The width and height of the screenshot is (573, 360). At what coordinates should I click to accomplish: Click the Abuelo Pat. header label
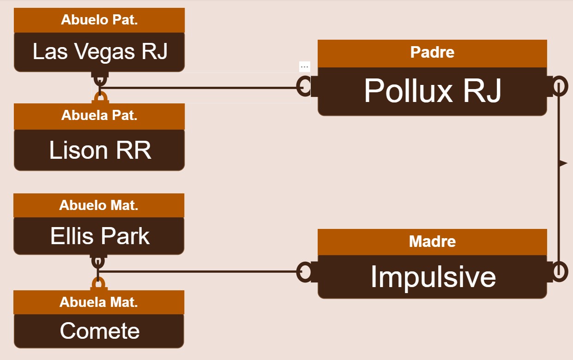coord(99,20)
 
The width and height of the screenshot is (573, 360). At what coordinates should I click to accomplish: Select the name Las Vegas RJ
coord(100,52)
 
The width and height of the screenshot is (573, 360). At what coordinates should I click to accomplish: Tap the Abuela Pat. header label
coord(99,115)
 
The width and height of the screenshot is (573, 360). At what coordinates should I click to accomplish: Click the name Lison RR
coord(100,150)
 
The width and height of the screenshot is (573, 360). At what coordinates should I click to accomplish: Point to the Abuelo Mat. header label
coord(99,205)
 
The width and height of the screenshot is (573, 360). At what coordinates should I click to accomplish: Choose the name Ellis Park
coord(100,236)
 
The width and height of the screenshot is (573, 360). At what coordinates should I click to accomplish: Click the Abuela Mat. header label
coord(99,302)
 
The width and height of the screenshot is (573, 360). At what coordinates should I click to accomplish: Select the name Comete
coord(100,331)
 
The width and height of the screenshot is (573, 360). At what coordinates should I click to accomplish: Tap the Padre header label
coord(432,53)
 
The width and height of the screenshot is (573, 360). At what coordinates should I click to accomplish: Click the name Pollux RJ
coord(432,90)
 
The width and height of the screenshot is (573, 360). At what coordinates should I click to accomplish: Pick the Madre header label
coord(432,241)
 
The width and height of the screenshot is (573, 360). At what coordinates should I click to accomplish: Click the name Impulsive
coord(434,277)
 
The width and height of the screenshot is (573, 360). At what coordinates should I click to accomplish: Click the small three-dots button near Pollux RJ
coord(304,67)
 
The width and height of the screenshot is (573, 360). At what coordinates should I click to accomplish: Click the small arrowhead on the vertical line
coord(564,163)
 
